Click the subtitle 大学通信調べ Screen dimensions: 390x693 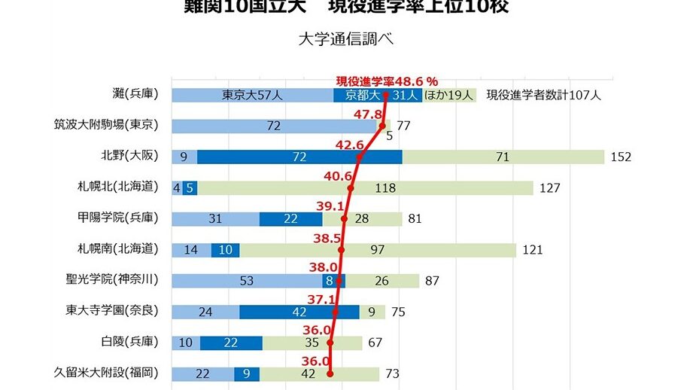346,40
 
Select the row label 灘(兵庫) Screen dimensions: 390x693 135,95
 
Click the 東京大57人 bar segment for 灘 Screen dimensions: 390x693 252,95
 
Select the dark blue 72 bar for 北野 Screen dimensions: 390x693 299,157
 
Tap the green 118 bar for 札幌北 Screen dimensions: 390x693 366,187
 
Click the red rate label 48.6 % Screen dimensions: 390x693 387,80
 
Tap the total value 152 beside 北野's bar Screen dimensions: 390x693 621,157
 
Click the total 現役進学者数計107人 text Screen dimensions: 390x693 544,95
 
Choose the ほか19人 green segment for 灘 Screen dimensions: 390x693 449,95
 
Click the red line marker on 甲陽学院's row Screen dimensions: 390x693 345,218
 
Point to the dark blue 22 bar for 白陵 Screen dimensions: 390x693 231,342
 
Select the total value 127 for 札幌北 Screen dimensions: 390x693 550,187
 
